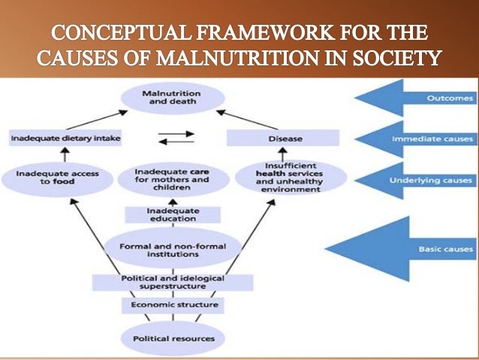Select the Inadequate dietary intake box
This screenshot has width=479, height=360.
click(x=65, y=138)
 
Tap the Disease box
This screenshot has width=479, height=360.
click(x=282, y=138)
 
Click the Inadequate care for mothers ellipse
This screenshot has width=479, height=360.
click(x=173, y=177)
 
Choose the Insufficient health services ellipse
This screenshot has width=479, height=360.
click(x=289, y=178)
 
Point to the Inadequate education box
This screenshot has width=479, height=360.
click(x=172, y=214)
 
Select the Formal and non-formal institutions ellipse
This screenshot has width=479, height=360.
click(x=173, y=249)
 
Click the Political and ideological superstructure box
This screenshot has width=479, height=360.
click(x=173, y=283)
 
